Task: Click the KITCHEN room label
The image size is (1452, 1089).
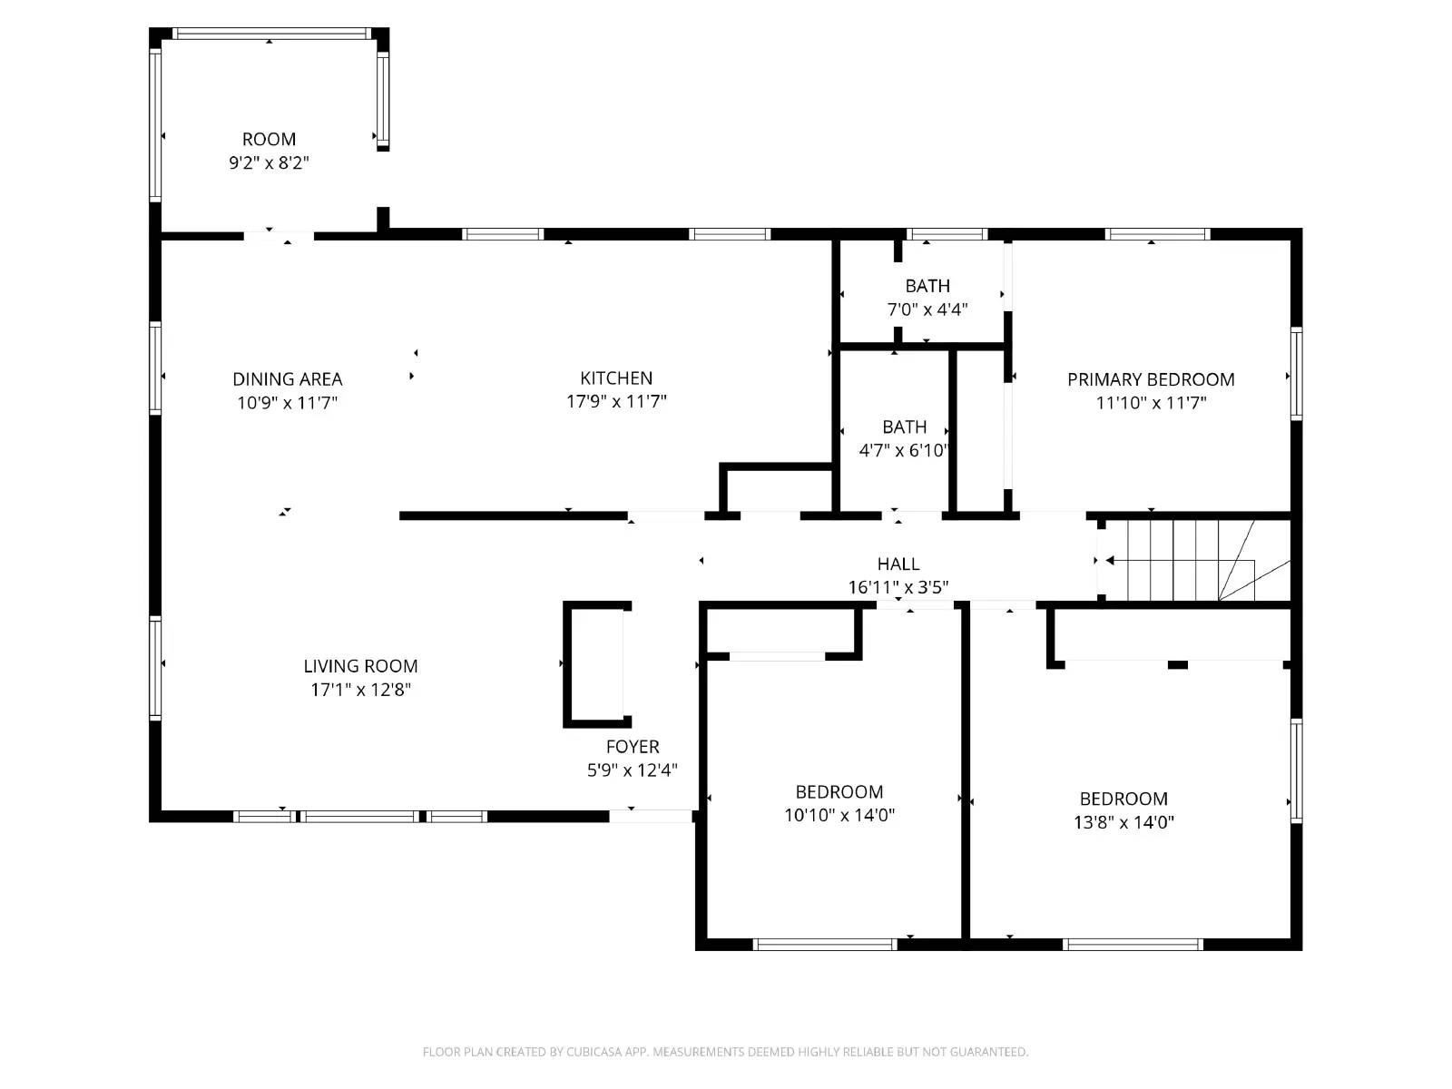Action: pos(616,378)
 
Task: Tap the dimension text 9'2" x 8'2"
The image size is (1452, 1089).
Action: pos(269,163)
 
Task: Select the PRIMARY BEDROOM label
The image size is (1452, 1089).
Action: pos(1151,379)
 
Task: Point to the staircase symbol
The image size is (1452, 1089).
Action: pos(1193,560)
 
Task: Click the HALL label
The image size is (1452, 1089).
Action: pos(898,564)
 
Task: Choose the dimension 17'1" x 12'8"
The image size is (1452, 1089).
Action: pos(360,690)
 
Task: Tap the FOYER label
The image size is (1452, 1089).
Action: pos(633,747)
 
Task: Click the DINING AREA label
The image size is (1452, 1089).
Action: pos(287,379)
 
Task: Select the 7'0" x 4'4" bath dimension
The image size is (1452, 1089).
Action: pos(927,309)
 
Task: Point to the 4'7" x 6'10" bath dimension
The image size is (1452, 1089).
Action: pos(904,450)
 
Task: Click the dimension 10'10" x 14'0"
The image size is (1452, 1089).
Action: pos(839,815)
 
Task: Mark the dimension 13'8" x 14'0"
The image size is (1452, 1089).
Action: pos(1123,822)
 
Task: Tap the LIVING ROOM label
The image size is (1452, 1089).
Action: pos(360,666)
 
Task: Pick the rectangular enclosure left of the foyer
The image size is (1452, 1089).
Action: pos(594,664)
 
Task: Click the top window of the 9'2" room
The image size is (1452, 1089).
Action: pos(270,34)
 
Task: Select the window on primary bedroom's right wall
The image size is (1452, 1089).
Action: pos(1296,374)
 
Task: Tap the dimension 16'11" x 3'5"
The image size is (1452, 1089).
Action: pos(898,587)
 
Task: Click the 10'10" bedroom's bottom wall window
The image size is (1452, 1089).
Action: pos(825,945)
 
